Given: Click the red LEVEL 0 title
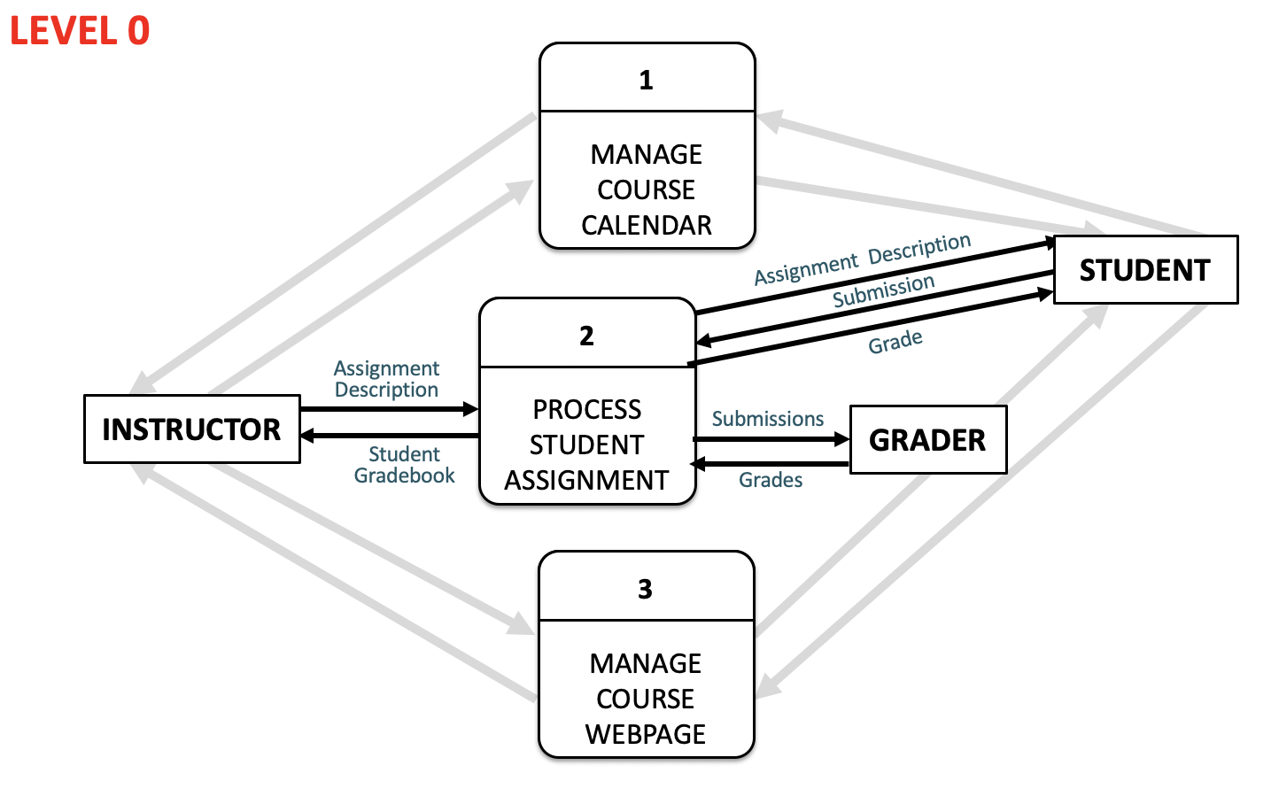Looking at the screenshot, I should pos(80,31).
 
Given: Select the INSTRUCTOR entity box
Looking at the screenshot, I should pos(191,429).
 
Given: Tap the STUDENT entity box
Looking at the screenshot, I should pos(1144,270).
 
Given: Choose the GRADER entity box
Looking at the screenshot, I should pos(927,440).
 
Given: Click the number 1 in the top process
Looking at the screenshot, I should pos(646,81).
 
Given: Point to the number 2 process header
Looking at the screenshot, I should pos(586,336).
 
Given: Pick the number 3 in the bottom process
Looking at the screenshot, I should pos(645,590).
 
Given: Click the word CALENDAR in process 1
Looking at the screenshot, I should pos(647,226).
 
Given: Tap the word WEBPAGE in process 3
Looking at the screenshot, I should pos(646,734).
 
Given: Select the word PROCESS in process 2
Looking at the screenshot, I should pos(586,410).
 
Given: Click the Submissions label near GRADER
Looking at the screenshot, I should pos(768,419).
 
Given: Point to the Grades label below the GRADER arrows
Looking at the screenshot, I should pos(771,480).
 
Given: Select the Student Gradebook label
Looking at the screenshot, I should pos(404,465).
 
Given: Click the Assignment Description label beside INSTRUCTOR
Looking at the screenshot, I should pos(386,379).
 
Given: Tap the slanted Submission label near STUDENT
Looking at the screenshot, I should pos(883,291).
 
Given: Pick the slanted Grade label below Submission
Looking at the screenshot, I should pos(895,342).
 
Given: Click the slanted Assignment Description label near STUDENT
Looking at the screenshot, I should pos(862,259).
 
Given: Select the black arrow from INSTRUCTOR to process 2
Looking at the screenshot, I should pos(390,409).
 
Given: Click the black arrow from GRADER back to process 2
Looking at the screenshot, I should pos(771,464).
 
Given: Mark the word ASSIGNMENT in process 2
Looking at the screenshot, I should pos(586,481).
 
